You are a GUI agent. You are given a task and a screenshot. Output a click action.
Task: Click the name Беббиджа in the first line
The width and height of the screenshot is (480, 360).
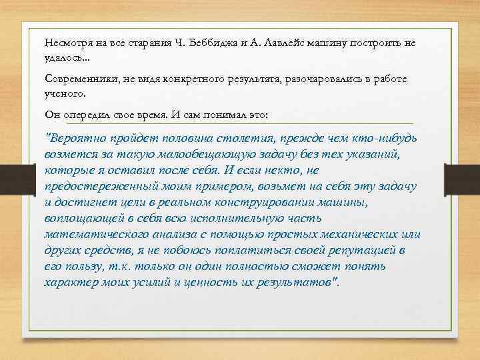(213, 43)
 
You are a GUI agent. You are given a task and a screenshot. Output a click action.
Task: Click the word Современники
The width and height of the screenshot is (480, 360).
(79, 79)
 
